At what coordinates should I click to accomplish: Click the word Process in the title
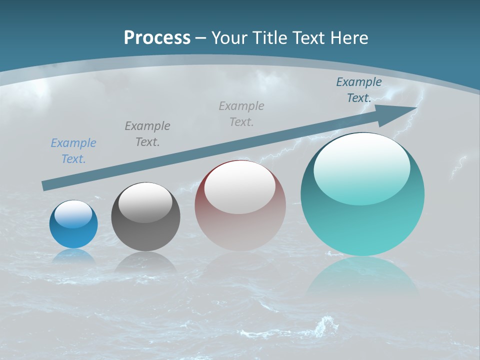pos(157,38)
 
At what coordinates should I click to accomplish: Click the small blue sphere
pos(73,232)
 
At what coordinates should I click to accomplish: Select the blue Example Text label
pos(73,150)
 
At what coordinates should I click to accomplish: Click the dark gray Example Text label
pos(147,133)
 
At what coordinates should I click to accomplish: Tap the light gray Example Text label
pos(241,113)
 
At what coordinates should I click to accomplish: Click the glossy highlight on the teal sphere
pos(361,168)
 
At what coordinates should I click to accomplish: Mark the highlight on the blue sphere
pos(73,214)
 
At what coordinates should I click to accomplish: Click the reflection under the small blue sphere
pos(73,256)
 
